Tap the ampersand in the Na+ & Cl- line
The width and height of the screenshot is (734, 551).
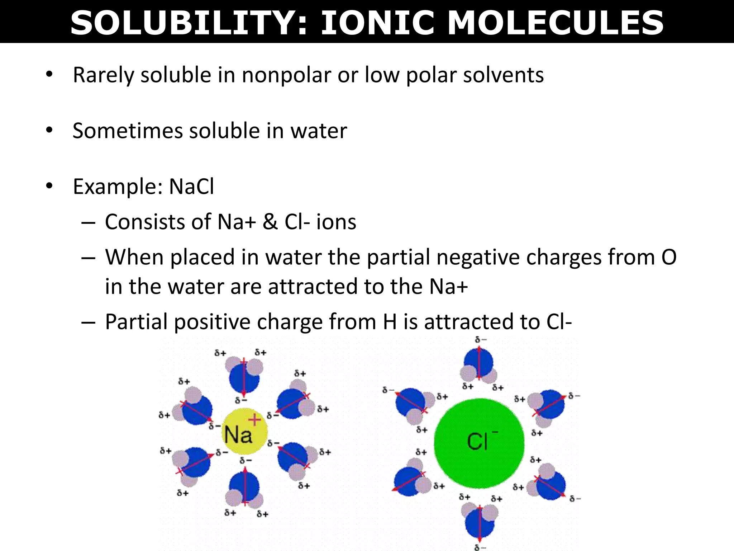[x=270, y=222]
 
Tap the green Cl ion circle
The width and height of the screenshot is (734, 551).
[x=479, y=443]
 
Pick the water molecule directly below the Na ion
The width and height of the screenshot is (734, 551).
[x=244, y=490]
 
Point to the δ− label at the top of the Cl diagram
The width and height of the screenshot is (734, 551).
[x=481, y=340]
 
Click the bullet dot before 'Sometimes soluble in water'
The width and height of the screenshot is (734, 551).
[x=49, y=130]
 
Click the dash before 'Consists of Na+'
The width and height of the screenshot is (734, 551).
[x=88, y=223]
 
